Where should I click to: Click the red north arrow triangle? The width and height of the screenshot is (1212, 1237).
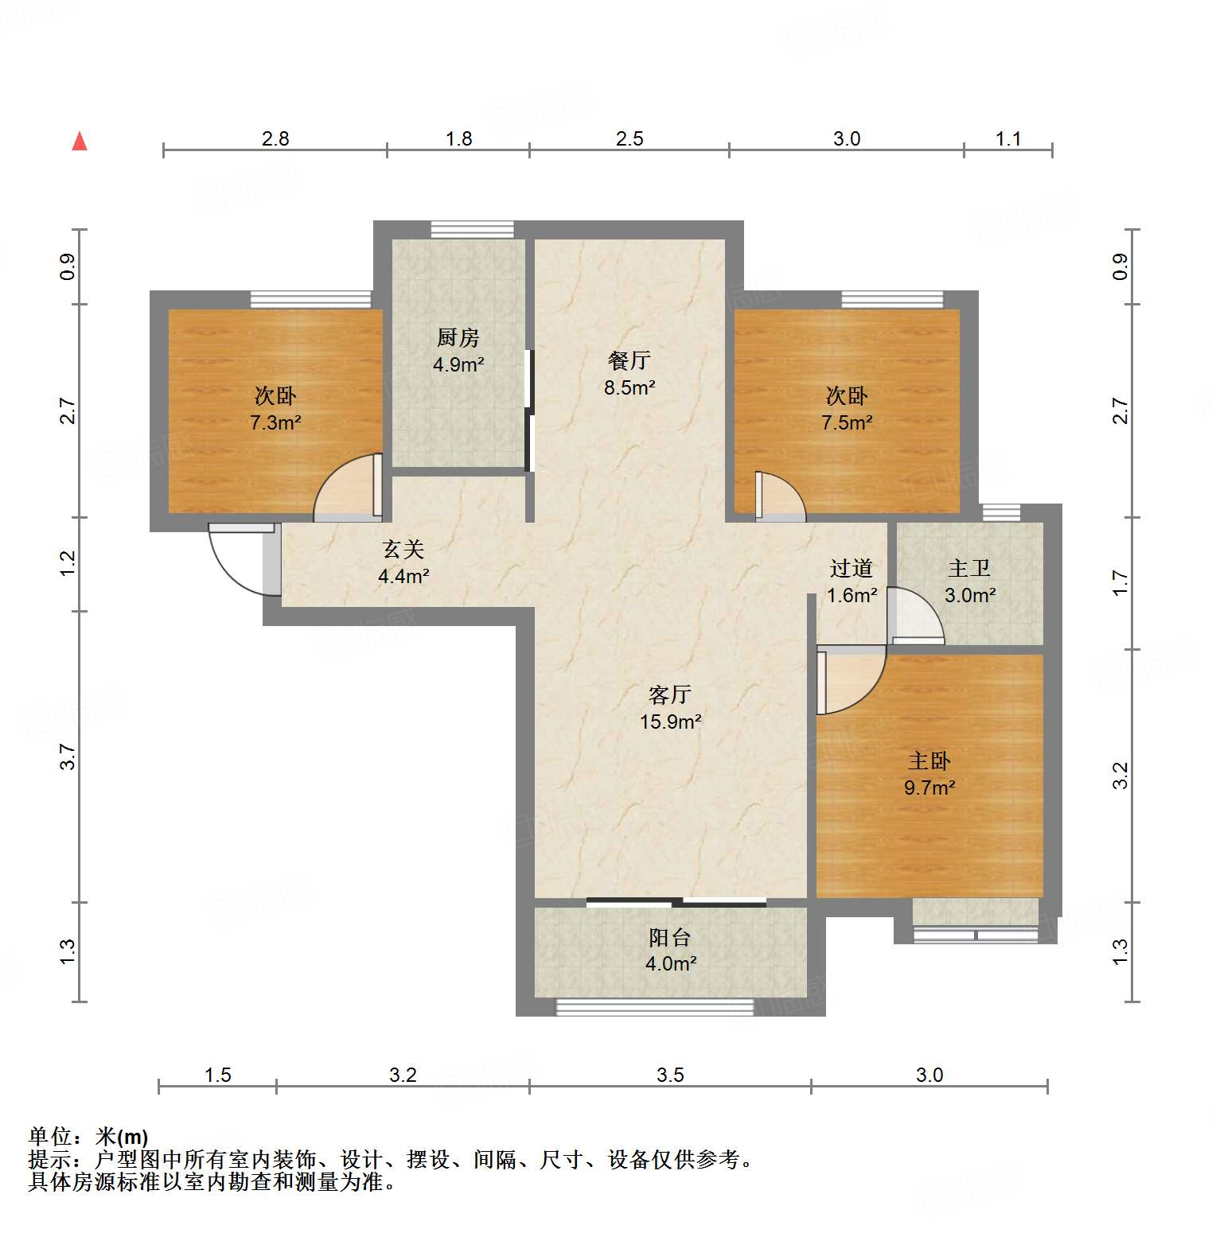point(80,142)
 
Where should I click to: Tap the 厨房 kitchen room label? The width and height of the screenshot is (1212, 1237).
point(458,351)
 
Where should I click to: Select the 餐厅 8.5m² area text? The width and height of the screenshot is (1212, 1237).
point(629,374)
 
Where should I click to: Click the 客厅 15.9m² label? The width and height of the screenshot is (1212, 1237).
point(670,708)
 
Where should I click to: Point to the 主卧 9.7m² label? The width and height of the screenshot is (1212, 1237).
point(929,774)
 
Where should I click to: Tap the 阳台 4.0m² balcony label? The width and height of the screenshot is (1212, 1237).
point(670,951)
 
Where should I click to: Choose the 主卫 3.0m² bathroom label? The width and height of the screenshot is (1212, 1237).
point(969,582)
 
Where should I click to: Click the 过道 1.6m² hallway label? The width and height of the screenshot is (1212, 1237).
point(852,582)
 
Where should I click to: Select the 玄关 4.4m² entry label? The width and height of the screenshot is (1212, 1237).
point(403,562)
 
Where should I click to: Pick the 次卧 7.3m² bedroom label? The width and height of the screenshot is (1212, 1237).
point(275,409)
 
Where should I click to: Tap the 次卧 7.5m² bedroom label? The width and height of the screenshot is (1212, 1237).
point(847,409)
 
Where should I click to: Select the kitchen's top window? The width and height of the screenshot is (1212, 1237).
point(472,229)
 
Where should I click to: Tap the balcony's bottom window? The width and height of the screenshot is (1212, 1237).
point(654,1008)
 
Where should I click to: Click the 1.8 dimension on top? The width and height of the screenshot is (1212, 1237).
point(458,139)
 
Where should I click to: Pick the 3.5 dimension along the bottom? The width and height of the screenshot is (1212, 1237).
point(670,1076)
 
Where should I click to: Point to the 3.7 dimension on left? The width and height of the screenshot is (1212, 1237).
point(68,757)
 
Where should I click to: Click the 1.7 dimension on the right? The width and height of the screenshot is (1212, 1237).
point(1120,583)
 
